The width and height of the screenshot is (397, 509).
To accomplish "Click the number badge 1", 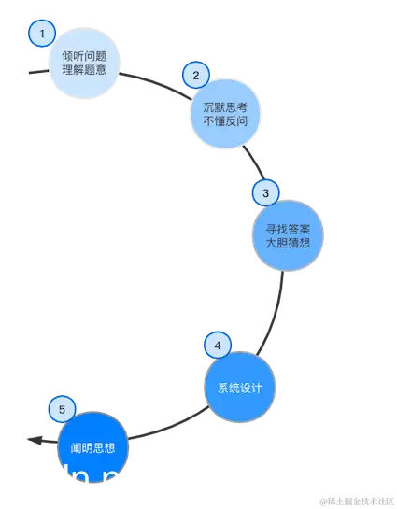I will (41, 35).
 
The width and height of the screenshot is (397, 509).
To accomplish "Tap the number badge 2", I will (194, 75).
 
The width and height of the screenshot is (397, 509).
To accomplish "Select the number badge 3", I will (265, 193).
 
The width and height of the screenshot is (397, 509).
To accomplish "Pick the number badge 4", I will (217, 346).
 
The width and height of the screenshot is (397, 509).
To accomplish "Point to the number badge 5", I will (62, 409).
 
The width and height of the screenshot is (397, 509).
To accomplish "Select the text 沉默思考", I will (223, 106).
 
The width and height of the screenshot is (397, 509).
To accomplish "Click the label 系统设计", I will (239, 389).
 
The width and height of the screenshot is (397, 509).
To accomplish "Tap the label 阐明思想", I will (93, 448).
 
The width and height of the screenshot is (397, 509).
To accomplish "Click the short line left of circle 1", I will (35, 70).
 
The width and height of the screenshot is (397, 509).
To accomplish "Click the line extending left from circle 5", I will (37, 437).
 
